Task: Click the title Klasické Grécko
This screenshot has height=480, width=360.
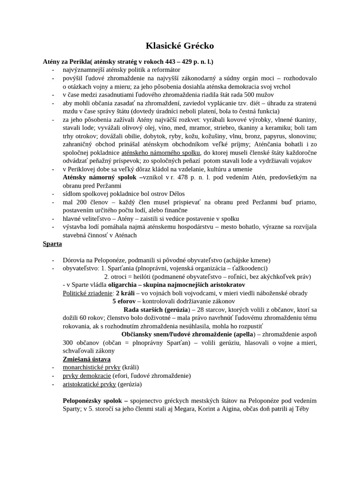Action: coord(180,46)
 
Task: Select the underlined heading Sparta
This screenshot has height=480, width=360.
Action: coord(52,244)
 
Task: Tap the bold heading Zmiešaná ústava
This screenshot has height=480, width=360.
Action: coord(87,359)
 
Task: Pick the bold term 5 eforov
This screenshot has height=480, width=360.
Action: coord(124,301)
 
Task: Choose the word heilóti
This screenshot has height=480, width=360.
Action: coord(135,277)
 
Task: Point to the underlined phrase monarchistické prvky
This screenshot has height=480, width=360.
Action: coord(92,367)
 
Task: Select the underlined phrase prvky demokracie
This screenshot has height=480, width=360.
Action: coord(87,375)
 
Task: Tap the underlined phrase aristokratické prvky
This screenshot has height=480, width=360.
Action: coord(90,384)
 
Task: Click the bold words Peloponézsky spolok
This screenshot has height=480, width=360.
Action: coord(93,400)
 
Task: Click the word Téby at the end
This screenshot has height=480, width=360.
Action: coord(309,409)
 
